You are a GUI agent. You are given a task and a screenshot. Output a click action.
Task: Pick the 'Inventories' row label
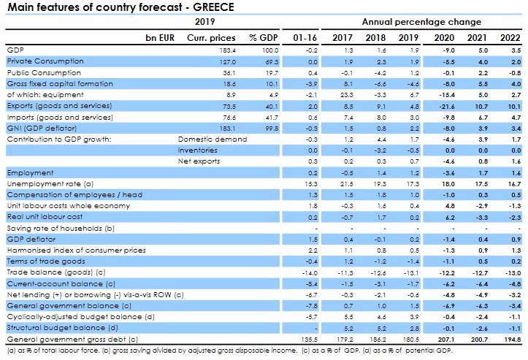tap(196, 148)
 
